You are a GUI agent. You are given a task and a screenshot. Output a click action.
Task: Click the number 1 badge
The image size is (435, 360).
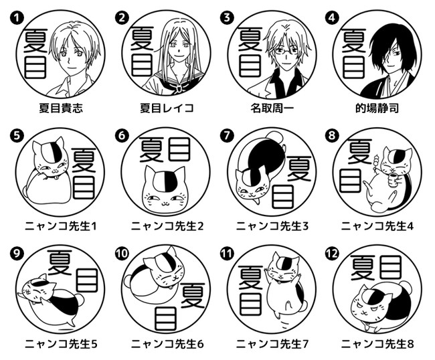pyautogui.click(x=17, y=18)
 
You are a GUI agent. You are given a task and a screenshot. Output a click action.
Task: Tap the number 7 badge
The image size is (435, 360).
pyautogui.click(x=226, y=136)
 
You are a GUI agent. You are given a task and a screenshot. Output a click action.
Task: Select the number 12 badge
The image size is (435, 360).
pyautogui.click(x=332, y=254)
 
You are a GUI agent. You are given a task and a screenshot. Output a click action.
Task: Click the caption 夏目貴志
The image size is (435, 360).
pyautogui.click(x=61, y=108)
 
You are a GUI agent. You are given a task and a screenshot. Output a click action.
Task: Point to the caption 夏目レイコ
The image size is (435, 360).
pyautogui.click(x=167, y=108)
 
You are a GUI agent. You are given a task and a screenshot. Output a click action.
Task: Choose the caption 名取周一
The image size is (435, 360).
pyautogui.click(x=272, y=108)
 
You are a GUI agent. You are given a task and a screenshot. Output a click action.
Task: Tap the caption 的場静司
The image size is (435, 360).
pyautogui.click(x=377, y=108)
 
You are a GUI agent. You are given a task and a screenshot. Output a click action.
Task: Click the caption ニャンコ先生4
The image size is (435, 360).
pyautogui.click(x=377, y=226)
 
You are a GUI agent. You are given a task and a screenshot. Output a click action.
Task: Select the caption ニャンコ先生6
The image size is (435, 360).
pyautogui.click(x=167, y=344)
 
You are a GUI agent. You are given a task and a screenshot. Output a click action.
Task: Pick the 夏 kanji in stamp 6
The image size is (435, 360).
pyautogui.click(x=151, y=150)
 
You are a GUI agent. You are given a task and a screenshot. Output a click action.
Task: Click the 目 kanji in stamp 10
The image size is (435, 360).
pyautogui.click(x=165, y=318)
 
